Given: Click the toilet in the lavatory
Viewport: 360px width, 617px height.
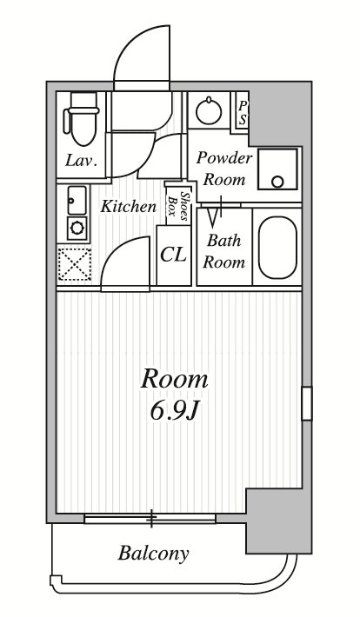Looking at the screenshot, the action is pyautogui.click(x=82, y=119).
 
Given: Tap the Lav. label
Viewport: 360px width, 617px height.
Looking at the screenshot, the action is pyautogui.click(x=81, y=161).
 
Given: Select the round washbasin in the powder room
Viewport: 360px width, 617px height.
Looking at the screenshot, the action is pyautogui.click(x=209, y=110).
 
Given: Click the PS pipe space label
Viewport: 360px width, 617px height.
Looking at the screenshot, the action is pyautogui.click(x=243, y=113).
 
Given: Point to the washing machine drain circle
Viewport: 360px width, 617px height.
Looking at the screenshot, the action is pyautogui.click(x=277, y=182).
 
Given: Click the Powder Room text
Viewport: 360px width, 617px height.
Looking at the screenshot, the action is pyautogui.click(x=224, y=169).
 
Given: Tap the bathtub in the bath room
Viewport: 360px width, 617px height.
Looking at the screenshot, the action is pyautogui.click(x=277, y=247).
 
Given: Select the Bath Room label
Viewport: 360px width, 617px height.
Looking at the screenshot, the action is pyautogui.click(x=223, y=251).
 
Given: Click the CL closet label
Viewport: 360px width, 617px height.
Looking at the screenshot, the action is pyautogui.click(x=173, y=255).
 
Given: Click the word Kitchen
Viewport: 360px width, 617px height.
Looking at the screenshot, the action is pyautogui.click(x=129, y=206).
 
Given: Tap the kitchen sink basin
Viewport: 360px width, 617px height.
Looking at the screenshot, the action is pyautogui.click(x=77, y=200).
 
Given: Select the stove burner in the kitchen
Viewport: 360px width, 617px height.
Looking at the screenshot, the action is pyautogui.click(x=77, y=228).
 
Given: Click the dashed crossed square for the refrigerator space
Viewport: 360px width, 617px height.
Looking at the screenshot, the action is pyautogui.click(x=75, y=264).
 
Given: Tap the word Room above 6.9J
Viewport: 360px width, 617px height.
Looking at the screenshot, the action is pyautogui.click(x=175, y=380).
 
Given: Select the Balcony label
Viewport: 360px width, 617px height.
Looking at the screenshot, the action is pyautogui.click(x=154, y=554).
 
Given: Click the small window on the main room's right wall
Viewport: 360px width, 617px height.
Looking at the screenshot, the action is pyautogui.click(x=307, y=404).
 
